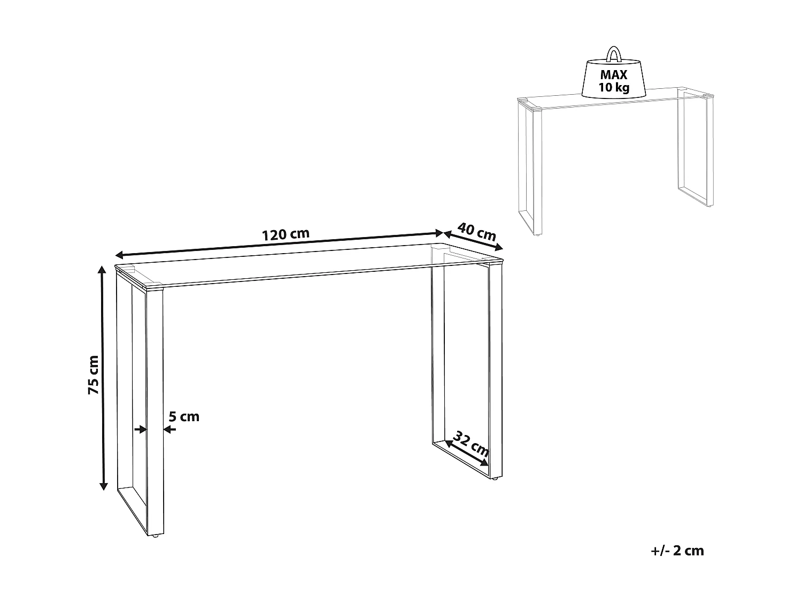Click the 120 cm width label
tap(286, 234)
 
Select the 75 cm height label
tap(94, 375)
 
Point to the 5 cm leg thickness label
tap(184, 416)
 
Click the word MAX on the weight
tap(613, 75)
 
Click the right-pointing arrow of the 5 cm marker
tap(141, 429)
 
